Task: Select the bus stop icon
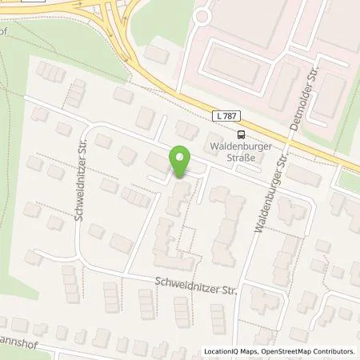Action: click(x=241, y=134)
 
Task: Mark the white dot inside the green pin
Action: click(x=179, y=158)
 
